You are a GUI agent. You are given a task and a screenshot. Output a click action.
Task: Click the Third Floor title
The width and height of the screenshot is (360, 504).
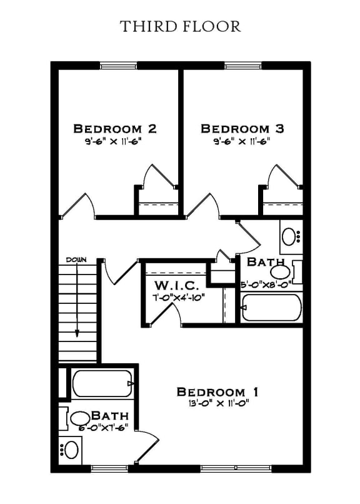180,26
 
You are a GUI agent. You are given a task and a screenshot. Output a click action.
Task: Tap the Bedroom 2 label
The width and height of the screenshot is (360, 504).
114,129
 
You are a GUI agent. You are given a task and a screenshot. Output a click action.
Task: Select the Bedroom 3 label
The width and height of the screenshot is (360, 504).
242,129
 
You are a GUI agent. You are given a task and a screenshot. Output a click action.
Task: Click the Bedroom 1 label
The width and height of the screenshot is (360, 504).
217,392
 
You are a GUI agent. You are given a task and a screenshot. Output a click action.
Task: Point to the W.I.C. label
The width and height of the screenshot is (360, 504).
177,286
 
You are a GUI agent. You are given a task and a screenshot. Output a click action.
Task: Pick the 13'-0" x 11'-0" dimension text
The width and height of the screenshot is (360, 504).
217,403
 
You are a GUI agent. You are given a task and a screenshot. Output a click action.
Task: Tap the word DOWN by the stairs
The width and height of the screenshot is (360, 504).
76,260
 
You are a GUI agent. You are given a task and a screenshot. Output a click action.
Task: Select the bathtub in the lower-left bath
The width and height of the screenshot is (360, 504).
102,383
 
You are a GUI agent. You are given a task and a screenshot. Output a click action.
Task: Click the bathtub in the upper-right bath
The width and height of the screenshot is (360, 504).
271,308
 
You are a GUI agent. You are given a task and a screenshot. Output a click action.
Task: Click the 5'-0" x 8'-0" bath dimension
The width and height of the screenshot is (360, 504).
266,283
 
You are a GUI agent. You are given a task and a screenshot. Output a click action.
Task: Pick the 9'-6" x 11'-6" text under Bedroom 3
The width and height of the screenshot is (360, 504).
242,141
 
